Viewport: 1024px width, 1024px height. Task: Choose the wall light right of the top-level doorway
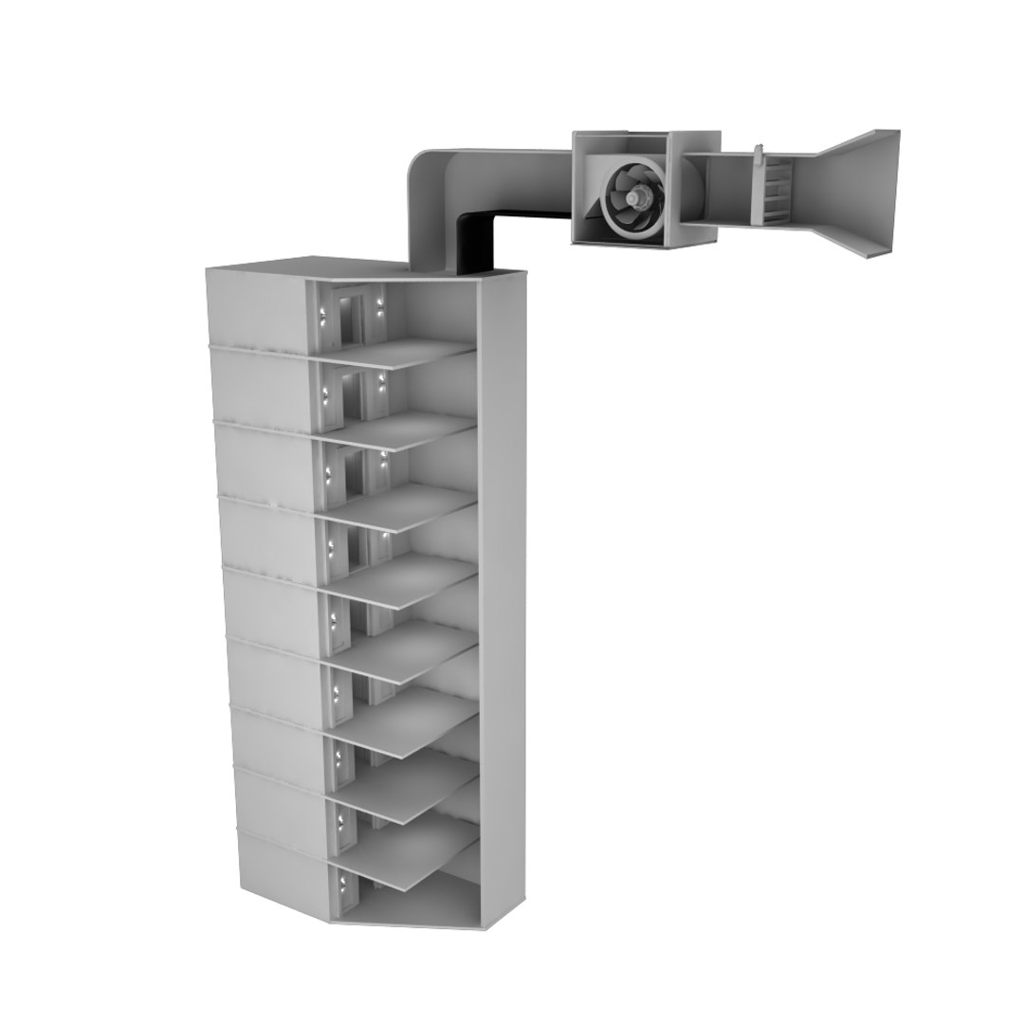(380, 305)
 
